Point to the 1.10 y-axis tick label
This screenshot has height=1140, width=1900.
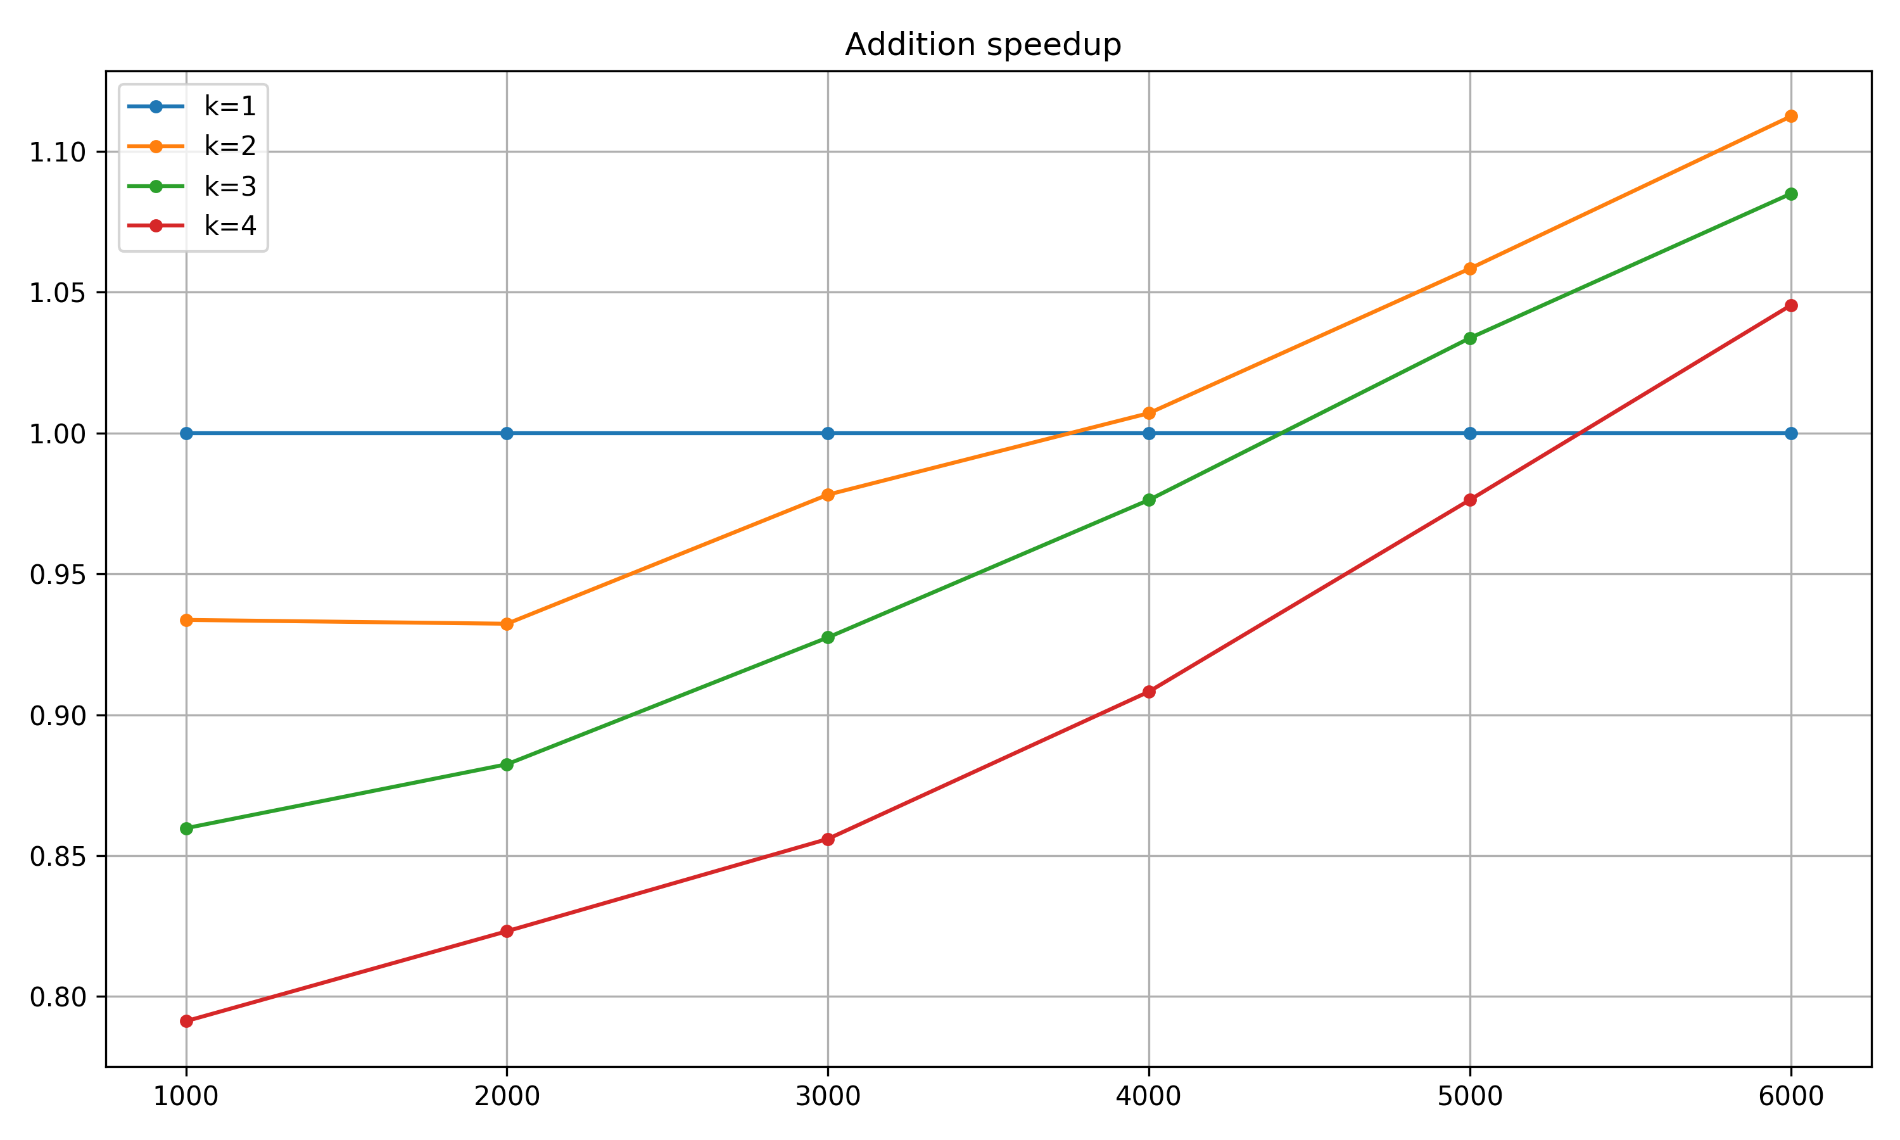(57, 152)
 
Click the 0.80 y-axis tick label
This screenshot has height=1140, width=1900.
(57, 997)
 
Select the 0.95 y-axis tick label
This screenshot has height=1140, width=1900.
(57, 574)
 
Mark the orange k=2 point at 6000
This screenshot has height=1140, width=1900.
(1790, 117)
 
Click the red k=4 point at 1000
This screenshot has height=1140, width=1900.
(186, 1021)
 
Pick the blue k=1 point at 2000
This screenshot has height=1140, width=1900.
(506, 434)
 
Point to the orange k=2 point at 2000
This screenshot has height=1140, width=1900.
(506, 624)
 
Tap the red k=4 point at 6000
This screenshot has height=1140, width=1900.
(1790, 306)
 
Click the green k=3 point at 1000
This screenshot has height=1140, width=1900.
(186, 828)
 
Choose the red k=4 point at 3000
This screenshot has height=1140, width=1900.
(827, 839)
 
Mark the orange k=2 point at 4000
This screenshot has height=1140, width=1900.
(1148, 414)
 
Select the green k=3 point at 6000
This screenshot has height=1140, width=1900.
(1790, 194)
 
